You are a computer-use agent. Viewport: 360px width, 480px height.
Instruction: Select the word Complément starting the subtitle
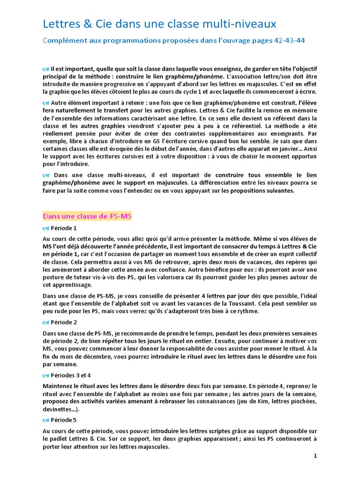tap(66, 40)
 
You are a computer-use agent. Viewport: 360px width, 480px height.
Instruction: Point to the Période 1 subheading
tap(64, 228)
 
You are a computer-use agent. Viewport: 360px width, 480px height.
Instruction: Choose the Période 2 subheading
tap(64, 322)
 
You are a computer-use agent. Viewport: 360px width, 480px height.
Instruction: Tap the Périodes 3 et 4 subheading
tap(71, 375)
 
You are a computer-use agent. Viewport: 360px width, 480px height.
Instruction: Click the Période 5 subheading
tap(64, 420)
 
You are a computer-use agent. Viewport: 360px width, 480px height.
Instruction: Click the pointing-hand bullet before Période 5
tap(46, 420)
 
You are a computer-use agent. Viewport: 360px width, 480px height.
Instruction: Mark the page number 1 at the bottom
tap(315, 456)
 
